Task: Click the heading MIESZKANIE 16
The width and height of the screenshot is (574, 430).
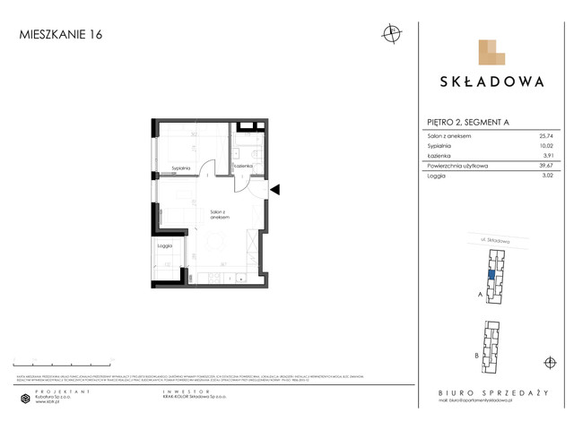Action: pos(60,35)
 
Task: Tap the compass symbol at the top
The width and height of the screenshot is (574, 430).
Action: pos(391,35)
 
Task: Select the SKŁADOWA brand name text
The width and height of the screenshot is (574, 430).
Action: pos(491,82)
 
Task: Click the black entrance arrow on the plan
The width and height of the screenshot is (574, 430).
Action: pos(275,189)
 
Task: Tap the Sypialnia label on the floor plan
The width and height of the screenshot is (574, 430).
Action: pos(180,168)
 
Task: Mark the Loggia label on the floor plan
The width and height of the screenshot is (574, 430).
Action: pos(164,245)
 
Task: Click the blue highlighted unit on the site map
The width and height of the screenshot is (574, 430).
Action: pos(491,277)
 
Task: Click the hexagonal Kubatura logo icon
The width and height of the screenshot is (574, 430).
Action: pos(26,399)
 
